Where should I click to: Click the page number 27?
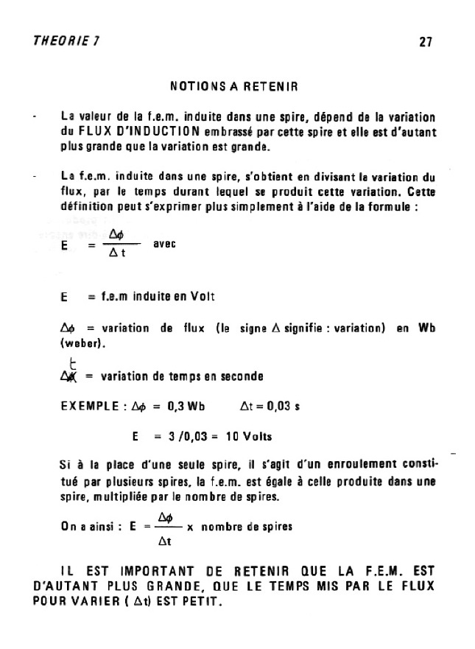coord(425,42)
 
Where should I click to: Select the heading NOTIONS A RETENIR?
coord(233,86)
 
